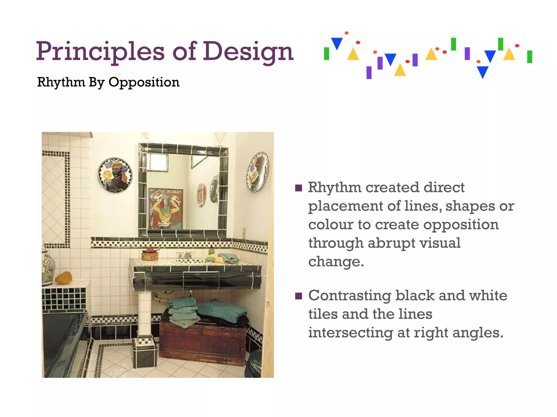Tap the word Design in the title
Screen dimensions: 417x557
click(248, 52)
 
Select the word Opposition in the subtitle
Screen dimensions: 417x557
click(144, 82)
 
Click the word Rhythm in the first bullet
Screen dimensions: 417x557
click(335, 187)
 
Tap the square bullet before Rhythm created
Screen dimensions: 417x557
click(299, 188)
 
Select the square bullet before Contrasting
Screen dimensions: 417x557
click(299, 296)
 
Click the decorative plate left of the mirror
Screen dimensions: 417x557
click(115, 175)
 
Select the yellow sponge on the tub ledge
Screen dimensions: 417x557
click(64, 277)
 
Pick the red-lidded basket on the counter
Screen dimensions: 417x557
click(150, 254)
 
